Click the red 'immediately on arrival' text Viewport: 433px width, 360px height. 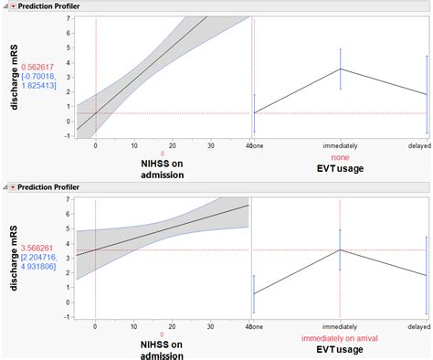339,336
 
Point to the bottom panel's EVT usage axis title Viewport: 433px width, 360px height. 339,348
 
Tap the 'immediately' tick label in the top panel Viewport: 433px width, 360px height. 339,144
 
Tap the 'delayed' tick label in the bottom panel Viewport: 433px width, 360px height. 418,326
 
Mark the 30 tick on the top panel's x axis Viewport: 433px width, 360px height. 210,144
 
